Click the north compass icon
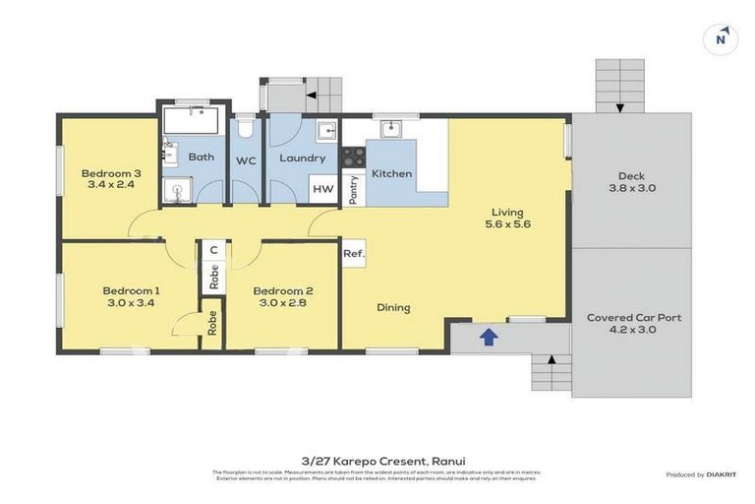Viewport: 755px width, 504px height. (x=722, y=38)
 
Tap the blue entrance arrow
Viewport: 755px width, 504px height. (x=488, y=338)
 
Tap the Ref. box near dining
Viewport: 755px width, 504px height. (x=354, y=254)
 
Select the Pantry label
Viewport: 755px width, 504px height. (x=353, y=190)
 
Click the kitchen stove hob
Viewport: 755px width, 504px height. (x=353, y=156)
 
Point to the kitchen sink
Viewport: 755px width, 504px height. (x=390, y=128)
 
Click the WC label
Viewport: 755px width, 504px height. (x=246, y=158)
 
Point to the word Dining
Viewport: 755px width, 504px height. (x=393, y=308)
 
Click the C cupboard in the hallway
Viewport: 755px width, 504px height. (x=213, y=250)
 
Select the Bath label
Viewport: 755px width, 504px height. (x=202, y=157)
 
